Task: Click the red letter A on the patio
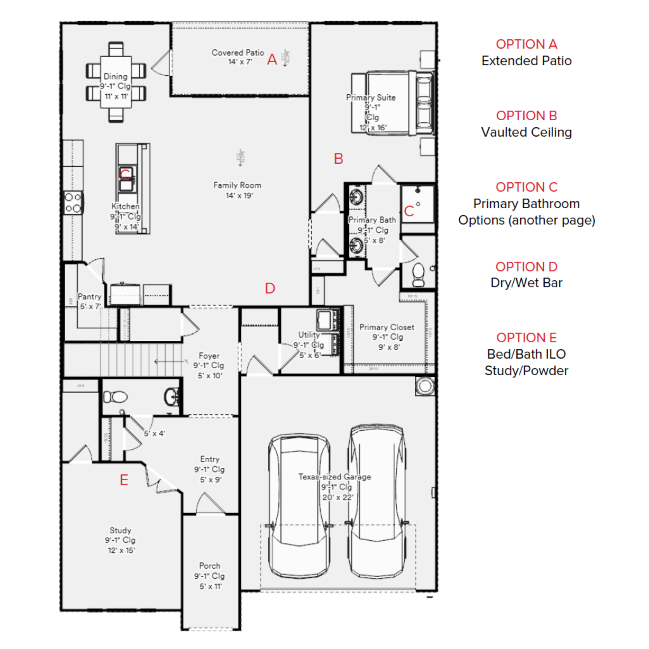click(x=272, y=59)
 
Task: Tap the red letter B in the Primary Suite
click(x=338, y=159)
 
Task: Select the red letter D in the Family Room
click(x=270, y=288)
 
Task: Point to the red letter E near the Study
click(x=124, y=480)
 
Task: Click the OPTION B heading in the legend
click(x=526, y=116)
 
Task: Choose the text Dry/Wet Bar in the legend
click(x=526, y=283)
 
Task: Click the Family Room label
click(x=237, y=185)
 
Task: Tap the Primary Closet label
click(x=386, y=327)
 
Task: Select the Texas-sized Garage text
click(x=334, y=477)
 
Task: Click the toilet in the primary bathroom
click(x=418, y=274)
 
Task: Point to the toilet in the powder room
click(x=116, y=397)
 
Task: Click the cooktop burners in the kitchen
click(x=73, y=203)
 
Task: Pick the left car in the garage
click(x=299, y=507)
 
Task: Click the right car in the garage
click(x=377, y=500)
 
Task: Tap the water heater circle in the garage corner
click(x=425, y=386)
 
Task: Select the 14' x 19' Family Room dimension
click(x=239, y=196)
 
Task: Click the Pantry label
click(x=89, y=296)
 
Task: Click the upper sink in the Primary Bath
click(x=356, y=196)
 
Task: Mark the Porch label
click(x=210, y=566)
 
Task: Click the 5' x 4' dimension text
click(x=154, y=433)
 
